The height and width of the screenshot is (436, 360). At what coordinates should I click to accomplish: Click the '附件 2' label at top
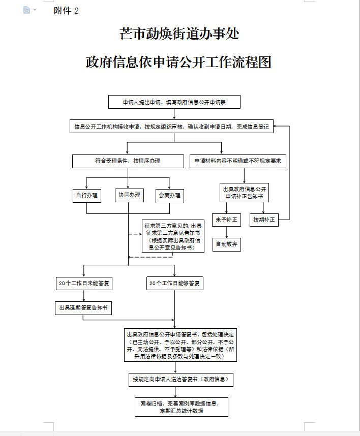coord(66,11)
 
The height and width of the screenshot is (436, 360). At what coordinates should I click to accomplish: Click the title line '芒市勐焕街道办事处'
coord(179,34)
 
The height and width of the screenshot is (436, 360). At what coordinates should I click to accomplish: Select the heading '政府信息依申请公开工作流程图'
coord(179,63)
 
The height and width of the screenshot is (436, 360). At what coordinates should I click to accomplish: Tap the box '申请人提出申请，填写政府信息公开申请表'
coord(174,102)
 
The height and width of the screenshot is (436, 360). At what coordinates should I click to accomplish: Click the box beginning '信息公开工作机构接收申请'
coord(171,127)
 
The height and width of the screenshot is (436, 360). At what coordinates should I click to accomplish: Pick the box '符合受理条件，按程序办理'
coord(128,161)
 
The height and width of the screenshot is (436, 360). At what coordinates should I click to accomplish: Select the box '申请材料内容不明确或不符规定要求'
coord(238,161)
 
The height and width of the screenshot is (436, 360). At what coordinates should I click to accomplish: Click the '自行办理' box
coord(86,195)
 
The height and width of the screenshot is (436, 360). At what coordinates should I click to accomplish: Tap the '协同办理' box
coord(129,195)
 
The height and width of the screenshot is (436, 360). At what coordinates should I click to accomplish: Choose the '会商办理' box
coord(169,195)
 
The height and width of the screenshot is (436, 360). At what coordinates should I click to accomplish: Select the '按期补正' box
coord(264,220)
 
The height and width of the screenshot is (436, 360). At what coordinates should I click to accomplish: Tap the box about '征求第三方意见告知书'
coord(173,236)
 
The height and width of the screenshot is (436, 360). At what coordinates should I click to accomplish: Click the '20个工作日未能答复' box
coord(83,284)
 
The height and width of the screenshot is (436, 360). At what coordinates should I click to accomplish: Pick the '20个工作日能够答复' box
coord(174,284)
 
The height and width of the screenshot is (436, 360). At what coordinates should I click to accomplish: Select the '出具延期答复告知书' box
coord(83,307)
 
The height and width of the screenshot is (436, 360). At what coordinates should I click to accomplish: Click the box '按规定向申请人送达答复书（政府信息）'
coord(181,379)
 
